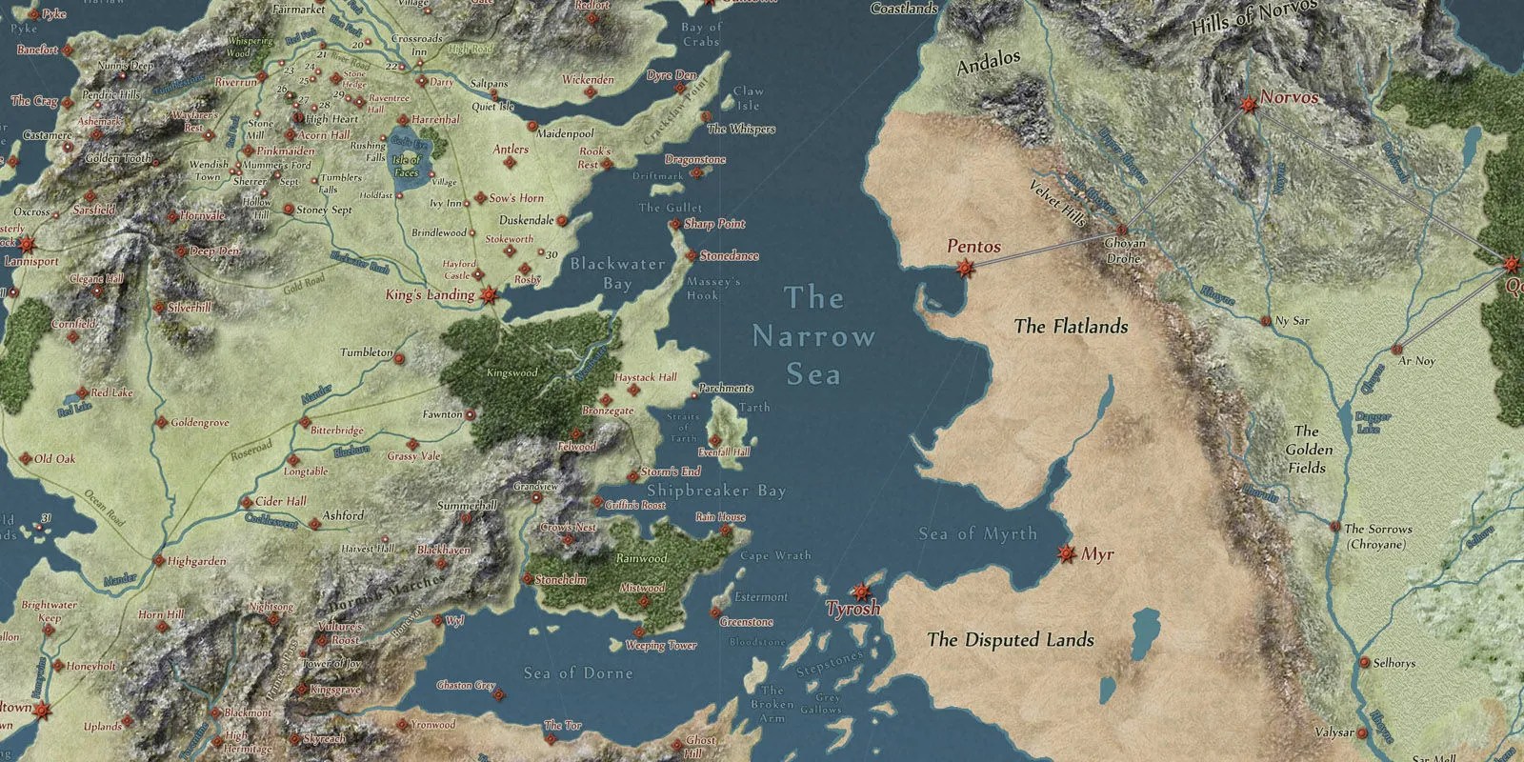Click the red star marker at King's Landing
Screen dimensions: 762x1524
coord(490,295)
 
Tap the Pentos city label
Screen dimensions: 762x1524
coord(973,246)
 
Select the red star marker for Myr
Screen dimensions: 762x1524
coord(1067,553)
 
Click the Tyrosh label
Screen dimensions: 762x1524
coord(852,609)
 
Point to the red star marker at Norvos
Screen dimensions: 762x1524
coord(1248,103)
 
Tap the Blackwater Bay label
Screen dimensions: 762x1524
coord(617,273)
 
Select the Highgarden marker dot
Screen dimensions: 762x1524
coord(159,562)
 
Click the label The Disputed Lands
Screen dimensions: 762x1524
coord(1010,640)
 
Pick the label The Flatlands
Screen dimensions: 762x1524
coord(1071,327)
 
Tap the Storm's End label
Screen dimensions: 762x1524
coord(671,471)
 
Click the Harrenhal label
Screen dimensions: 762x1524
coord(435,120)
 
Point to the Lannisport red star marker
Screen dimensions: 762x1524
coord(26,244)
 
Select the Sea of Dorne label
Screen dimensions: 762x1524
coord(577,673)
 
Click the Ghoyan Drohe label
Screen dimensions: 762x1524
coord(1125,251)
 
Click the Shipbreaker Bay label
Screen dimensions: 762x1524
coord(716,491)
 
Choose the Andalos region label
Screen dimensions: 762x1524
coord(988,63)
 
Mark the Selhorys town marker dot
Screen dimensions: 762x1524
coord(1364,663)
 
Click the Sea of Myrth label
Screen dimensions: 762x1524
coord(977,533)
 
